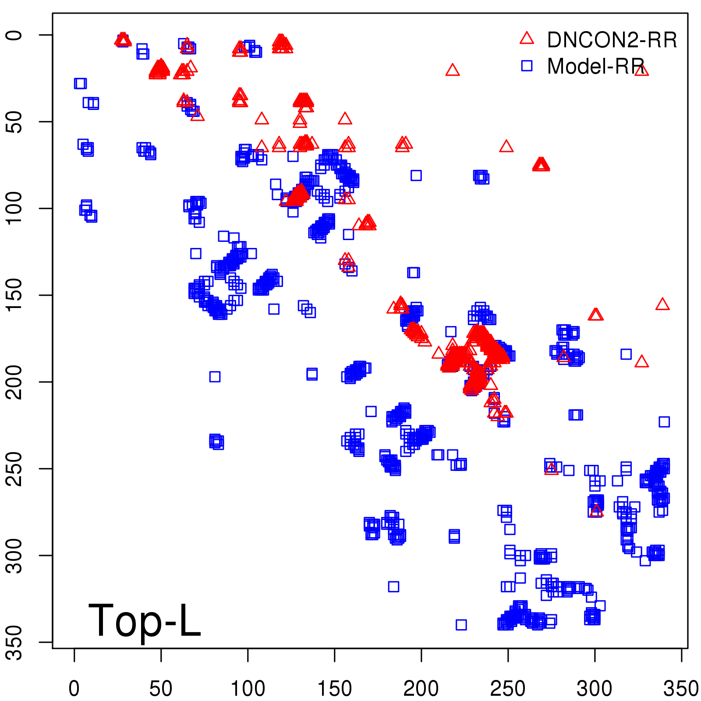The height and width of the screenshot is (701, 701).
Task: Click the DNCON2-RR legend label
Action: coord(612,40)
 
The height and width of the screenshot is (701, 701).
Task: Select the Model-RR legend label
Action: coord(595,67)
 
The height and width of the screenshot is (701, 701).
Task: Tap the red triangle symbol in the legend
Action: coord(527,39)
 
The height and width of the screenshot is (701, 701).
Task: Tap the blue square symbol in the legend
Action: coord(527,66)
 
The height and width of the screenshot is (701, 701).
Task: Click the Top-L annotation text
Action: coord(145,620)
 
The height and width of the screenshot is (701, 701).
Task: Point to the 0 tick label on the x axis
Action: coord(74,689)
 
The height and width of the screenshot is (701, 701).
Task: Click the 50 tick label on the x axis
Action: coord(161,689)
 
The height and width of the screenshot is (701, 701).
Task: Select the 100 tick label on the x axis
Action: coord(248,689)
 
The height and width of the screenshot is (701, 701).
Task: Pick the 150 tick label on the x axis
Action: coord(334,689)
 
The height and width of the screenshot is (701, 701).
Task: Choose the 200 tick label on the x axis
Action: coord(421,689)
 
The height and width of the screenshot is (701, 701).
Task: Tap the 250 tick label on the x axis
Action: coord(508,689)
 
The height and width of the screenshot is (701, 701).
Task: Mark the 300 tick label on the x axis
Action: coord(595,689)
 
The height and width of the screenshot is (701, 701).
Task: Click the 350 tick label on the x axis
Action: coord(680,689)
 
